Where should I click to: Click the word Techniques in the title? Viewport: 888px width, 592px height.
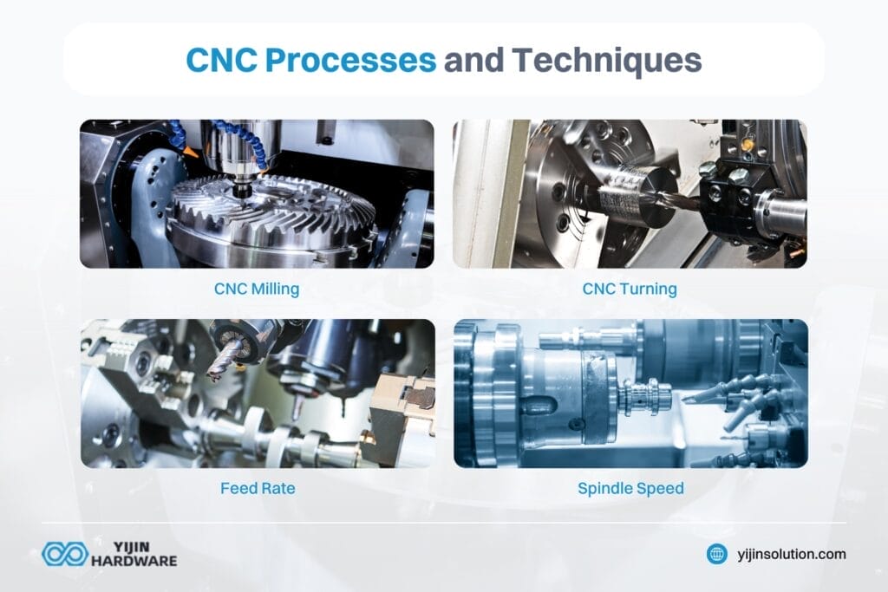pyautogui.click(x=605, y=62)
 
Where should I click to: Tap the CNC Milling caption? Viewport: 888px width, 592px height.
pyautogui.click(x=257, y=289)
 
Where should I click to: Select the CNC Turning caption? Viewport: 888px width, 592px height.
pyautogui.click(x=630, y=289)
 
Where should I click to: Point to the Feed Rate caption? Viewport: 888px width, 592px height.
pyautogui.click(x=257, y=488)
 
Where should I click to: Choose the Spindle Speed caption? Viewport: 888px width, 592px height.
pyautogui.click(x=630, y=488)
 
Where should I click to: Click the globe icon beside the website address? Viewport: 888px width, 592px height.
pyautogui.click(x=716, y=554)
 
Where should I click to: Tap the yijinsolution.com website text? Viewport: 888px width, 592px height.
pyautogui.click(x=789, y=554)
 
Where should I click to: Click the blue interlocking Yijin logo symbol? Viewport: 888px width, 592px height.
pyautogui.click(x=64, y=554)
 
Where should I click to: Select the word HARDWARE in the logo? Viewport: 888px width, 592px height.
pyautogui.click(x=134, y=562)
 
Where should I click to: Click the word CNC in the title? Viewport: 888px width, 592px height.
pyautogui.click(x=221, y=62)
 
